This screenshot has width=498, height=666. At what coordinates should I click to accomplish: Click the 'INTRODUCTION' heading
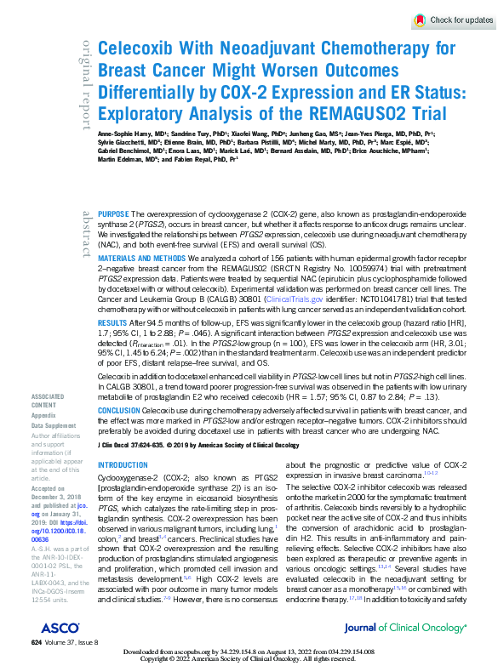pos(123,465)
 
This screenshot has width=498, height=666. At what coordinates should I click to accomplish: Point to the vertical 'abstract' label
pos(87,233)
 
